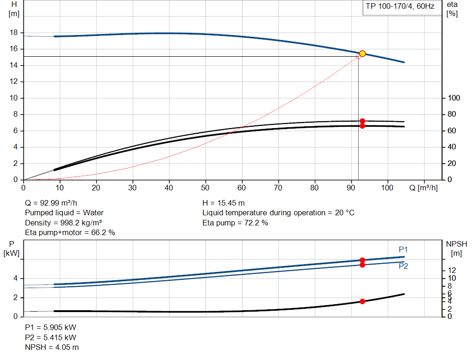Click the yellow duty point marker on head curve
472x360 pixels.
click(x=362, y=53)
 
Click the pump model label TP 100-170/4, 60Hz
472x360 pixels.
click(x=400, y=7)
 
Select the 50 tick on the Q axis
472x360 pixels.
click(x=206, y=188)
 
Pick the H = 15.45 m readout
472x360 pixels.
click(x=224, y=202)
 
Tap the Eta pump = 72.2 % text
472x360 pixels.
click(x=235, y=223)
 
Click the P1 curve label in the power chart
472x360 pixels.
click(x=403, y=249)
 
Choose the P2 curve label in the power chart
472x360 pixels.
click(x=403, y=266)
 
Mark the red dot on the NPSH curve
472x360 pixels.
click(x=362, y=301)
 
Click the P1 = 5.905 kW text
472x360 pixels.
click(x=50, y=327)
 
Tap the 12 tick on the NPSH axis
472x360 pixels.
click(x=452, y=270)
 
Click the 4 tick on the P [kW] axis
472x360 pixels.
click(x=15, y=278)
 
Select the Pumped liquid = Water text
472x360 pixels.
click(x=64, y=212)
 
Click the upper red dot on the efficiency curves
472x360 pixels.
click(x=362, y=121)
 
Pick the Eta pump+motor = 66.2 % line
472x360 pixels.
click(x=70, y=233)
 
